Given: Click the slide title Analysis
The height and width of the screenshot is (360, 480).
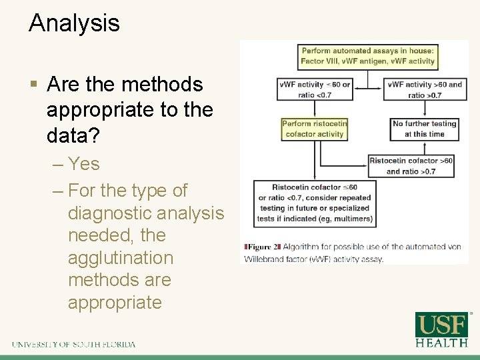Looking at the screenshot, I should tap(74, 23).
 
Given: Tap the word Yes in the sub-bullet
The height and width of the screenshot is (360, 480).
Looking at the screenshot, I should tap(84, 164).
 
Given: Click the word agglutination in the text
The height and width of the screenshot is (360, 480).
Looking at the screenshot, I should tap(121, 258).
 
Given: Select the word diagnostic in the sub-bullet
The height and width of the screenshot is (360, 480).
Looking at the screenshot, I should tap(112, 213).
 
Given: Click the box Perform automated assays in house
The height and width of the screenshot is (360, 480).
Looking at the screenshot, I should tap(368, 56).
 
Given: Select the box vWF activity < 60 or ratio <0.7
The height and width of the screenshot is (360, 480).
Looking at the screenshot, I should tap(313, 90).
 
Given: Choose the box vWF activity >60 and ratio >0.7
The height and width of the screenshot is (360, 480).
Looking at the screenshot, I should tap(425, 90).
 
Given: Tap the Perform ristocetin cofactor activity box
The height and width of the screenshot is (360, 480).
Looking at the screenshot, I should tap(314, 129).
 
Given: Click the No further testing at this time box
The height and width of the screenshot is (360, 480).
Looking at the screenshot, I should tap(425, 129).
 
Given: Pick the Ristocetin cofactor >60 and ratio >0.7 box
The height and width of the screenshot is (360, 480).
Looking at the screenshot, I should tap(411, 166).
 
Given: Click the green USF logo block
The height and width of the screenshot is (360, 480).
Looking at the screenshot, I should tap(441, 325).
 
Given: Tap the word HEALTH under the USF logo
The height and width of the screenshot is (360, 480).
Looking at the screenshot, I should tap(441, 343).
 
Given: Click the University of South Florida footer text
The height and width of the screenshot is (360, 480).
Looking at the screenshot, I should tap(73, 345).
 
